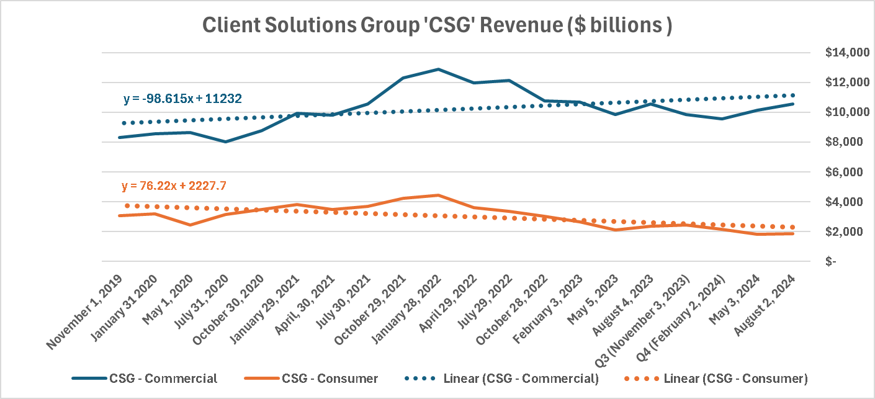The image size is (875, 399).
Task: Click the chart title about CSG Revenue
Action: coord(437,25)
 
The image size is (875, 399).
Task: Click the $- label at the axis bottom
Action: coord(830,261)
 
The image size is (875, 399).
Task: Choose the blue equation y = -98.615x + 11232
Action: coord(182,98)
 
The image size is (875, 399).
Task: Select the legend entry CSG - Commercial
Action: coord(163,378)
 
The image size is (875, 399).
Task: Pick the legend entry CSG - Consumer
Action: coord(330,378)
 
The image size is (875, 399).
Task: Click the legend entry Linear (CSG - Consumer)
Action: coord(735,378)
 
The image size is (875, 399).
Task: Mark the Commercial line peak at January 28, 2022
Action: coord(439,69)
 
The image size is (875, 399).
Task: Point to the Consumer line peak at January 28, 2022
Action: coord(439,195)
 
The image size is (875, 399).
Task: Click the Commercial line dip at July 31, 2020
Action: coord(225,141)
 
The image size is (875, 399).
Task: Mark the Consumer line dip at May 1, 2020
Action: coord(190,225)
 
